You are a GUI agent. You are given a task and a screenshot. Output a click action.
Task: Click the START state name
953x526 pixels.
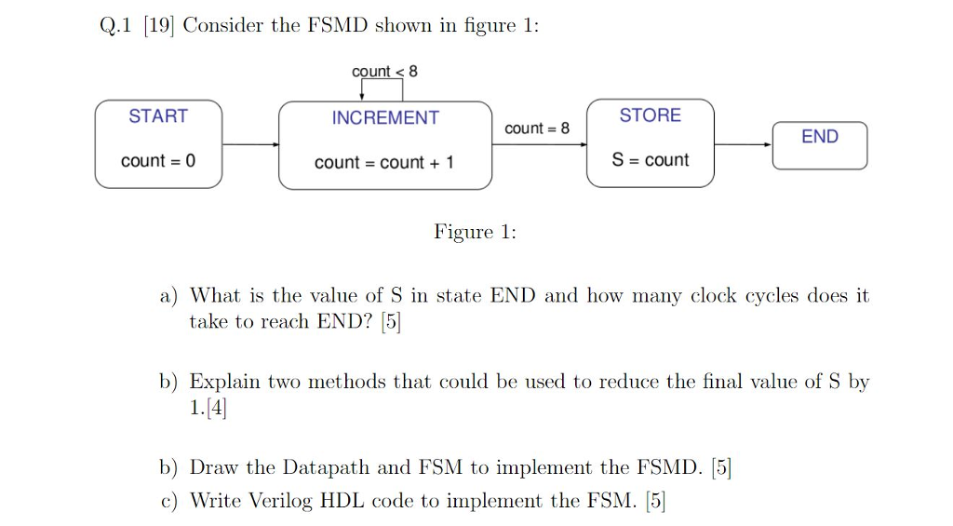[x=158, y=116]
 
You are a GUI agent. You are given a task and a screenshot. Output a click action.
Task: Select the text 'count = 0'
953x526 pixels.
[x=158, y=161]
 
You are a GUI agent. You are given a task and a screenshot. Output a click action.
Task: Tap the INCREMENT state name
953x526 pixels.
[x=385, y=118]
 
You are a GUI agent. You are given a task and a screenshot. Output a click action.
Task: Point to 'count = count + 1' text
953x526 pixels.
[x=384, y=163]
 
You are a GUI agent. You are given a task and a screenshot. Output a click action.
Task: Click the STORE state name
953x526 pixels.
[x=651, y=115]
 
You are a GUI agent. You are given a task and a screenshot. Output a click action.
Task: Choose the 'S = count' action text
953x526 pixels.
[x=651, y=160]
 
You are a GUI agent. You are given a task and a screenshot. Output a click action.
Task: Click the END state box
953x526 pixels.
[x=819, y=145]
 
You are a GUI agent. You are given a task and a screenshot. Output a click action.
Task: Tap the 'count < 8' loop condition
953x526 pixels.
[x=384, y=72]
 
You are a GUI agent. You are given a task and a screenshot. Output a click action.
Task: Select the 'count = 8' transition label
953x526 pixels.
[x=537, y=128]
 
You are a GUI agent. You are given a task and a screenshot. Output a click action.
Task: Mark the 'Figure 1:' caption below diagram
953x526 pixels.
[x=475, y=232]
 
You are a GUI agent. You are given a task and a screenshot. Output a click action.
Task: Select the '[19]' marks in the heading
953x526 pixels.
[x=158, y=26]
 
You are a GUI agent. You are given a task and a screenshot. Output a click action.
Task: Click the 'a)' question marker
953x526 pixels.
[x=168, y=296]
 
